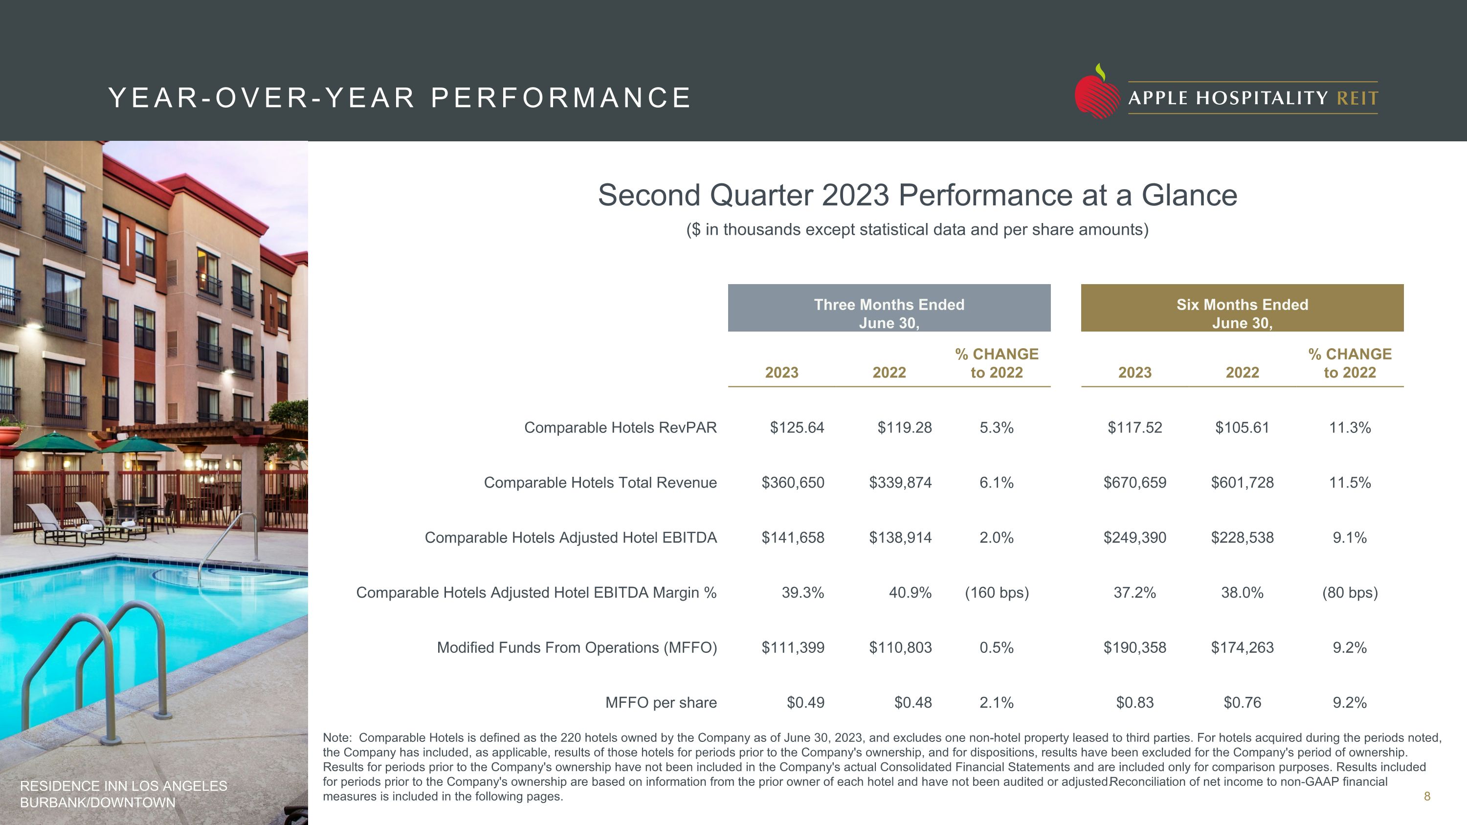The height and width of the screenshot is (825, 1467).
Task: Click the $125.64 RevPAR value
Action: (x=797, y=427)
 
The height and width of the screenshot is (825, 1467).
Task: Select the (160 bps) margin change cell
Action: (x=997, y=593)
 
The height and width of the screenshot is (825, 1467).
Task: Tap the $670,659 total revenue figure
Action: (x=1134, y=483)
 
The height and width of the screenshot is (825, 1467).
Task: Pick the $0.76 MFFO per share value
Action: (x=1242, y=703)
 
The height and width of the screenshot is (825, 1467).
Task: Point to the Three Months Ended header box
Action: (x=889, y=308)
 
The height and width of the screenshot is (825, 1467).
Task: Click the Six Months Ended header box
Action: (x=1242, y=308)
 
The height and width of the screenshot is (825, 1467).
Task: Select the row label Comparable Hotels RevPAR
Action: (x=620, y=427)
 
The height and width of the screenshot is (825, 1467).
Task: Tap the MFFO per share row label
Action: (x=661, y=703)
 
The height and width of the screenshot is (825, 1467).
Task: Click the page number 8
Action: (x=1426, y=797)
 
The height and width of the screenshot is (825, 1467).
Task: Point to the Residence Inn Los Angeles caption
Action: (x=124, y=794)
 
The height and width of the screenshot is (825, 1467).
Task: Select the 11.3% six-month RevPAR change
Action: (x=1350, y=427)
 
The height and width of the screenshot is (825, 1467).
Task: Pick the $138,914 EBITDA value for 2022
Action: (x=900, y=537)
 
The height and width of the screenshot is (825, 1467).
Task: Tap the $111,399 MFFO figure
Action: (x=793, y=648)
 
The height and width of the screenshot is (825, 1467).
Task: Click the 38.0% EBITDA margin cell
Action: (x=1242, y=593)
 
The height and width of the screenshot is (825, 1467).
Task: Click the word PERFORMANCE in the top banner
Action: (x=561, y=98)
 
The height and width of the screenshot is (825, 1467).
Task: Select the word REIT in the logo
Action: (x=1357, y=98)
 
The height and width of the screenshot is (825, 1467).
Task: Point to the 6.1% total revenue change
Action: (x=997, y=483)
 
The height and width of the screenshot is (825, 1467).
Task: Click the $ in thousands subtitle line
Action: (x=917, y=229)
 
